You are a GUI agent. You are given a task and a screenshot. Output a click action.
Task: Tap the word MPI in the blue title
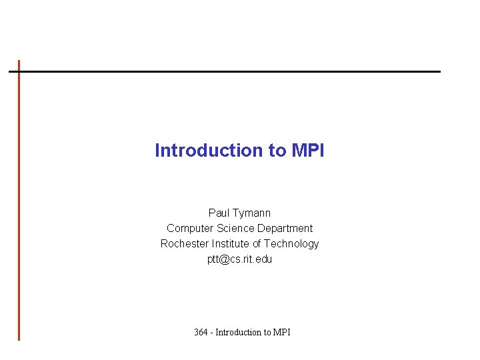(x=308, y=151)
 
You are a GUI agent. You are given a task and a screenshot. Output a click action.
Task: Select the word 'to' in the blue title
(x=277, y=151)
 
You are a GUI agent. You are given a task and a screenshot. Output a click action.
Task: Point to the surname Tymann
(x=252, y=213)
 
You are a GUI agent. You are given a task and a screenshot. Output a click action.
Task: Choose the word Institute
(x=231, y=243)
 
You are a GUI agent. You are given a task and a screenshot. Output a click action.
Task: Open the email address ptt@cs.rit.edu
(x=239, y=259)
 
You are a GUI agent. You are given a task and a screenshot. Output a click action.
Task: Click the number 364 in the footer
(x=201, y=332)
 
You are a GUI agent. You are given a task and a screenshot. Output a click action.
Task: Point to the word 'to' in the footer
(x=268, y=332)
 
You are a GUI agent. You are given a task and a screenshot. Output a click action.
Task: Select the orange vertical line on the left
(x=19, y=200)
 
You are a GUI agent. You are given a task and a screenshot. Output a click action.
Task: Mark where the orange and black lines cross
(x=19, y=71)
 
